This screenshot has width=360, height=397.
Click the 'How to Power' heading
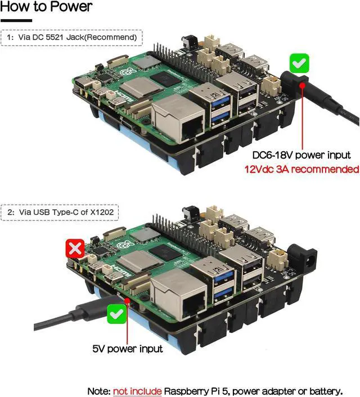pos(46,8)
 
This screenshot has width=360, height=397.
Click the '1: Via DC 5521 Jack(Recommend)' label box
pos(71,38)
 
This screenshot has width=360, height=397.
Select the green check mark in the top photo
pos(299,62)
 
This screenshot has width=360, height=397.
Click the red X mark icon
pos(75,249)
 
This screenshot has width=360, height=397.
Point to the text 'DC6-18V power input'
pos(301,155)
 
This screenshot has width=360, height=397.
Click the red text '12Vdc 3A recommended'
pos(301,169)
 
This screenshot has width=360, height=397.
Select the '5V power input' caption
pos(128,349)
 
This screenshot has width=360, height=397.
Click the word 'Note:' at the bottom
pos(99,391)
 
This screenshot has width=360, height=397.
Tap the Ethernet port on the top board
pos(179,121)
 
